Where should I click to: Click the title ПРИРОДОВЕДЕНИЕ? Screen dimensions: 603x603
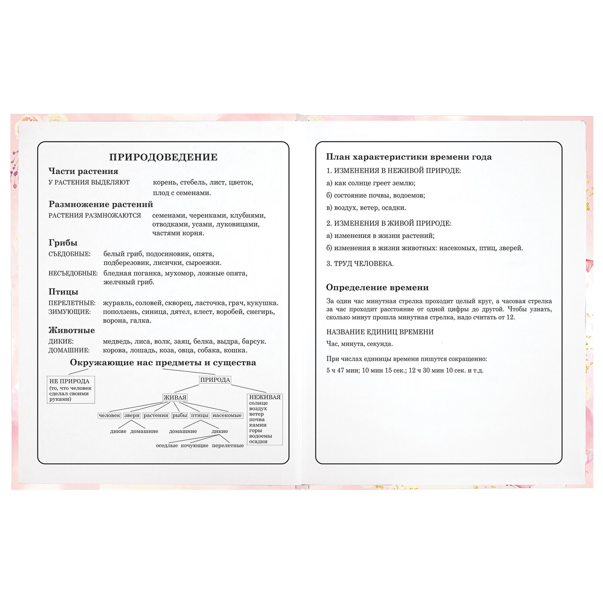point(163,157)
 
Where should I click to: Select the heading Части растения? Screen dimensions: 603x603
point(83,171)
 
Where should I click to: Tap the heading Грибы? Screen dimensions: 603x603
point(63,243)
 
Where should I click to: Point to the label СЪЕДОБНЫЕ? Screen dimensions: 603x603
point(70,254)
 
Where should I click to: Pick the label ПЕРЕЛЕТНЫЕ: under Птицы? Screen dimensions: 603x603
point(72,303)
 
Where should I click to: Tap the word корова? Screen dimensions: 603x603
point(114,351)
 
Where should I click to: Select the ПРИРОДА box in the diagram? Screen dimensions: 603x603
point(215,380)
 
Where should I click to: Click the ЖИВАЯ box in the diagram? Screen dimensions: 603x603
point(175,398)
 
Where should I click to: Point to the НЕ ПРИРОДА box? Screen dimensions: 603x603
point(71,390)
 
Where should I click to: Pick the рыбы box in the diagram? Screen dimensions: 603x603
point(180,416)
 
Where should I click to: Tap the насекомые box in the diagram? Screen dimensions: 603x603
point(227,416)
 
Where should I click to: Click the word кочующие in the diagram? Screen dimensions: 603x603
point(195,445)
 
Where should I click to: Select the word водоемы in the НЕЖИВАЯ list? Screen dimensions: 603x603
point(260,436)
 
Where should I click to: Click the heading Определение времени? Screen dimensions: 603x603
point(377,287)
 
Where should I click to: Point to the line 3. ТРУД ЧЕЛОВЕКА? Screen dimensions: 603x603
point(360,264)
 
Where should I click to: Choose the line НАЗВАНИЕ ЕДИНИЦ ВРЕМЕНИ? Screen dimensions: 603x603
point(379,332)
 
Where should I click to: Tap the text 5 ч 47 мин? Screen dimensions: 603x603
point(343,370)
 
